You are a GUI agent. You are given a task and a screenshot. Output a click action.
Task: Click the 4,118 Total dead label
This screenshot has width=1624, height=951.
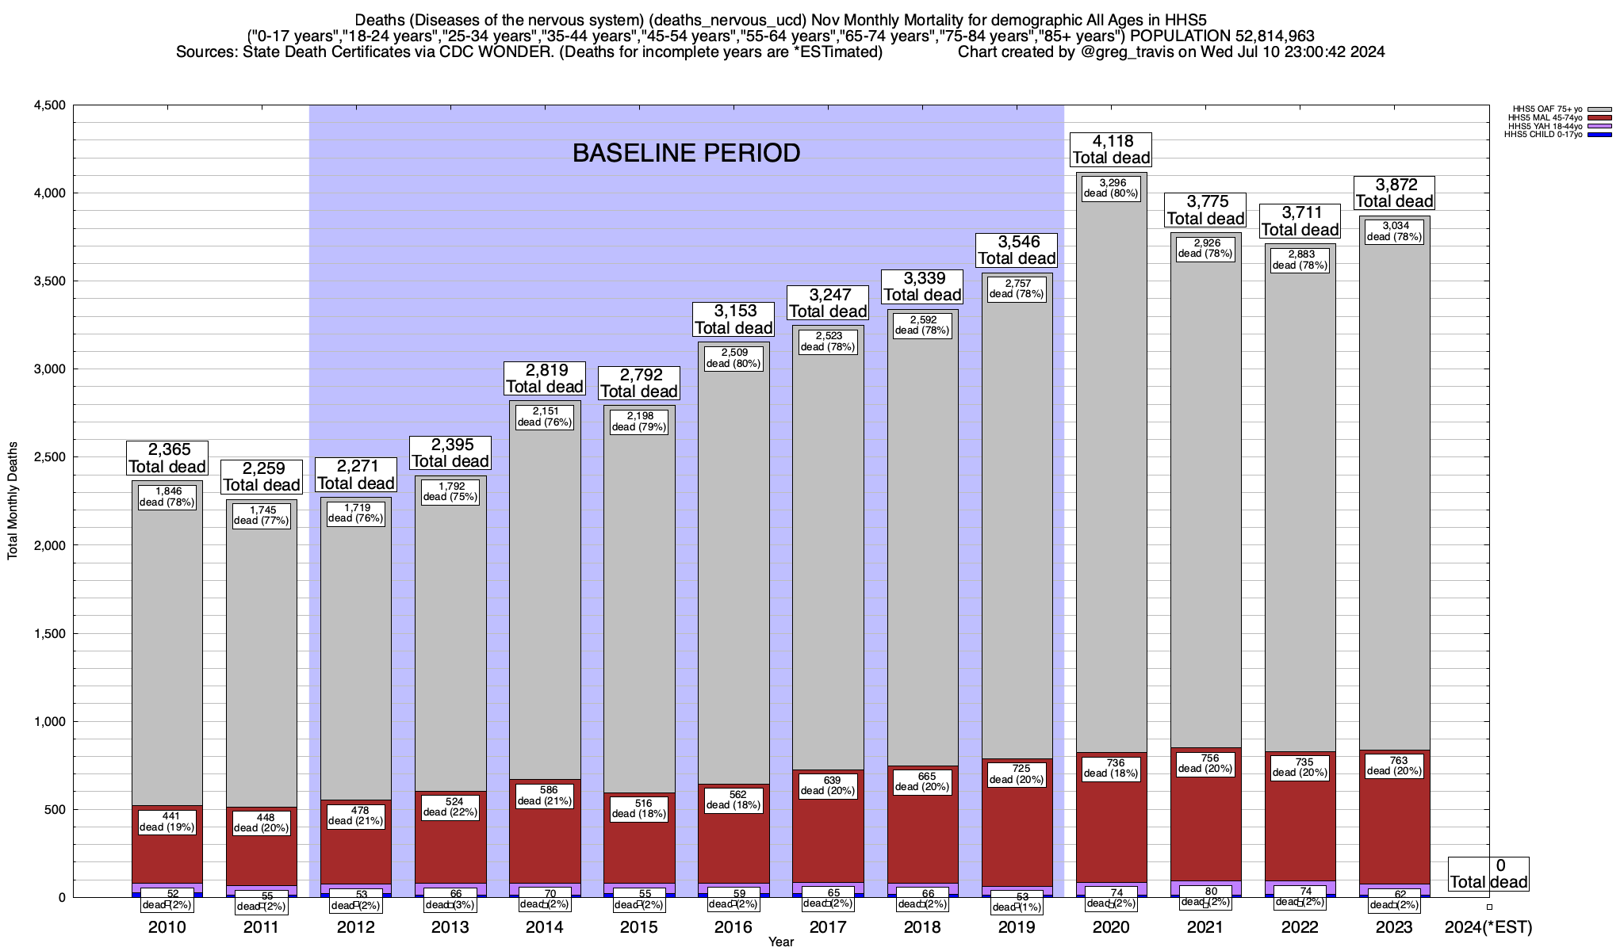click(1110, 150)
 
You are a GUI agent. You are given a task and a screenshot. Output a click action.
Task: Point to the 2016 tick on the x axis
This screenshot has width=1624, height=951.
click(733, 927)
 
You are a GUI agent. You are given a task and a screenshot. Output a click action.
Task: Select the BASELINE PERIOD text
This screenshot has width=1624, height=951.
click(686, 153)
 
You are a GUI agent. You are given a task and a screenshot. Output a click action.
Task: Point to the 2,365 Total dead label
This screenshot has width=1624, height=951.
click(167, 458)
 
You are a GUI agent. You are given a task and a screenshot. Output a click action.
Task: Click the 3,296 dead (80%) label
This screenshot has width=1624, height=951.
click(1111, 188)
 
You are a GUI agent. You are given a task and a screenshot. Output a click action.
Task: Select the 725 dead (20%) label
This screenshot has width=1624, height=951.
click(1017, 774)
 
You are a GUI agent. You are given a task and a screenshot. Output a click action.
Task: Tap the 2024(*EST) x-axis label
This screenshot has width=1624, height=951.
click(1488, 927)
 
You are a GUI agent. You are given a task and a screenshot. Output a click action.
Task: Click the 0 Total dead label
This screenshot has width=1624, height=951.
click(1488, 874)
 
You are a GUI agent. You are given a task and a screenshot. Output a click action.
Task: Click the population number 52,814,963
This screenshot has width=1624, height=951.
click(1263, 36)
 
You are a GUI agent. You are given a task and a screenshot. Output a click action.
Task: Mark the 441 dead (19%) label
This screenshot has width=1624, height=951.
click(167, 822)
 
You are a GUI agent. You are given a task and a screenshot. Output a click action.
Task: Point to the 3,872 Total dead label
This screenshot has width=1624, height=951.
click(1394, 193)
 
